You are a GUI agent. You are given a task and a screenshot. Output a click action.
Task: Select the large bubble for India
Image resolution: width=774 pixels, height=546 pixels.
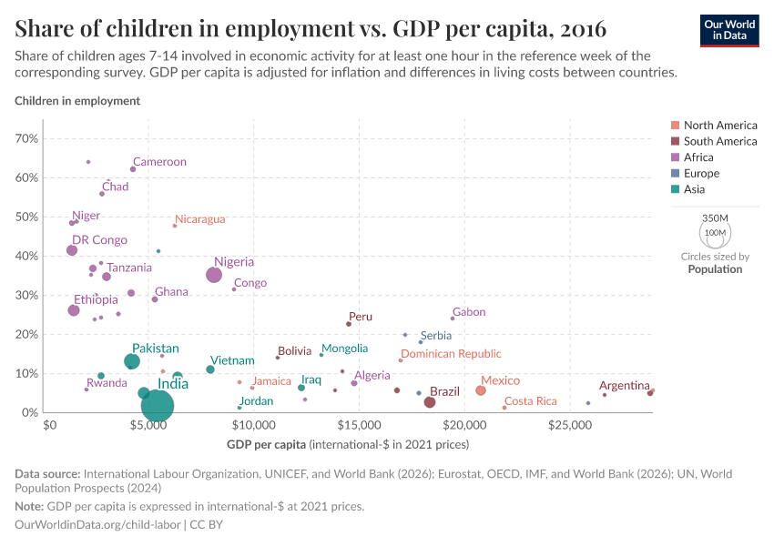tap(158, 406)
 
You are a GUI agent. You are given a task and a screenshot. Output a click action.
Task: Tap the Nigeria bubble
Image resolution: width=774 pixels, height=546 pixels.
tap(214, 275)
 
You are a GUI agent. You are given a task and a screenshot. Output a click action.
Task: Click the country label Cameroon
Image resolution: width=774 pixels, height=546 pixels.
tap(159, 162)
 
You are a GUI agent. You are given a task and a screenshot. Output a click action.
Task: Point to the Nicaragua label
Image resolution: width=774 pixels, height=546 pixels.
tap(199, 219)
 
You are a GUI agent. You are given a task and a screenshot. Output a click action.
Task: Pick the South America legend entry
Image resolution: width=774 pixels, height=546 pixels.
tap(720, 141)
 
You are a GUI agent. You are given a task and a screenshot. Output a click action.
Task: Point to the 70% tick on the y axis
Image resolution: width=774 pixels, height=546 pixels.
tap(26, 138)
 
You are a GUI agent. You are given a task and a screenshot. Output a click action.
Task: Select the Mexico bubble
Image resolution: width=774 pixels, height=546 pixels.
tap(481, 390)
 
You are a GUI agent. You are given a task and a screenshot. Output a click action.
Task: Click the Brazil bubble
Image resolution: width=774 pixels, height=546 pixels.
tap(430, 402)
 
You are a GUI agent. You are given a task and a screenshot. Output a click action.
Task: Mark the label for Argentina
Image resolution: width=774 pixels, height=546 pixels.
tap(625, 386)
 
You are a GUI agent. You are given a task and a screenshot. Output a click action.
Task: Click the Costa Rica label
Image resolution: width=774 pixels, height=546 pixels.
tap(530, 401)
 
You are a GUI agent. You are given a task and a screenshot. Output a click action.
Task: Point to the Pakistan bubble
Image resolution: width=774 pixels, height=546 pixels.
tap(132, 361)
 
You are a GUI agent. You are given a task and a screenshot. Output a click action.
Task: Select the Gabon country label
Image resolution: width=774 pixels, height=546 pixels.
tap(469, 312)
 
